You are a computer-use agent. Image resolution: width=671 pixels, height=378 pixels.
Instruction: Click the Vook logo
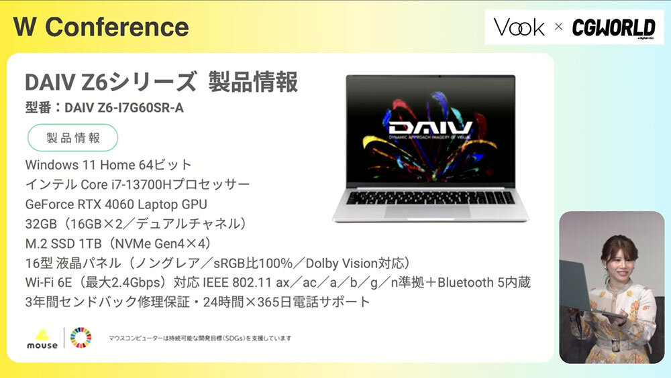click(519, 27)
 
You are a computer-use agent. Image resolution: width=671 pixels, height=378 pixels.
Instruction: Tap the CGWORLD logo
click(614, 27)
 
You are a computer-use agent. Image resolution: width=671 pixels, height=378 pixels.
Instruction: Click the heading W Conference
click(101, 27)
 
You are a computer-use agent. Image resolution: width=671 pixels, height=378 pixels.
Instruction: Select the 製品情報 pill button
click(72, 137)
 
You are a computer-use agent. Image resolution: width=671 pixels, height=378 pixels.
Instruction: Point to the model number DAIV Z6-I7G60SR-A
click(124, 108)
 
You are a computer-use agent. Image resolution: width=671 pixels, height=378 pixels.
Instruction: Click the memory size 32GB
click(41, 224)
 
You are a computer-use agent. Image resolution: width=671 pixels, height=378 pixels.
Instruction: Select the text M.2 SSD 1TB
click(63, 243)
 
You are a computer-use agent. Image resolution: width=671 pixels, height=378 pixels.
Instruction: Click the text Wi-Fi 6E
click(48, 283)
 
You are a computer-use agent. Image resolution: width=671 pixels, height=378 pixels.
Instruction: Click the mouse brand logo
click(42, 340)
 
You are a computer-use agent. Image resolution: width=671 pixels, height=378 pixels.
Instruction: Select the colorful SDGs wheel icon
click(81, 338)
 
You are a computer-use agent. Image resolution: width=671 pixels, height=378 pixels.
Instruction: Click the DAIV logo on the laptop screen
click(431, 128)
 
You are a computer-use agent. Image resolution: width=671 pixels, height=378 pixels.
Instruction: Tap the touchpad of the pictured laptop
click(428, 211)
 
